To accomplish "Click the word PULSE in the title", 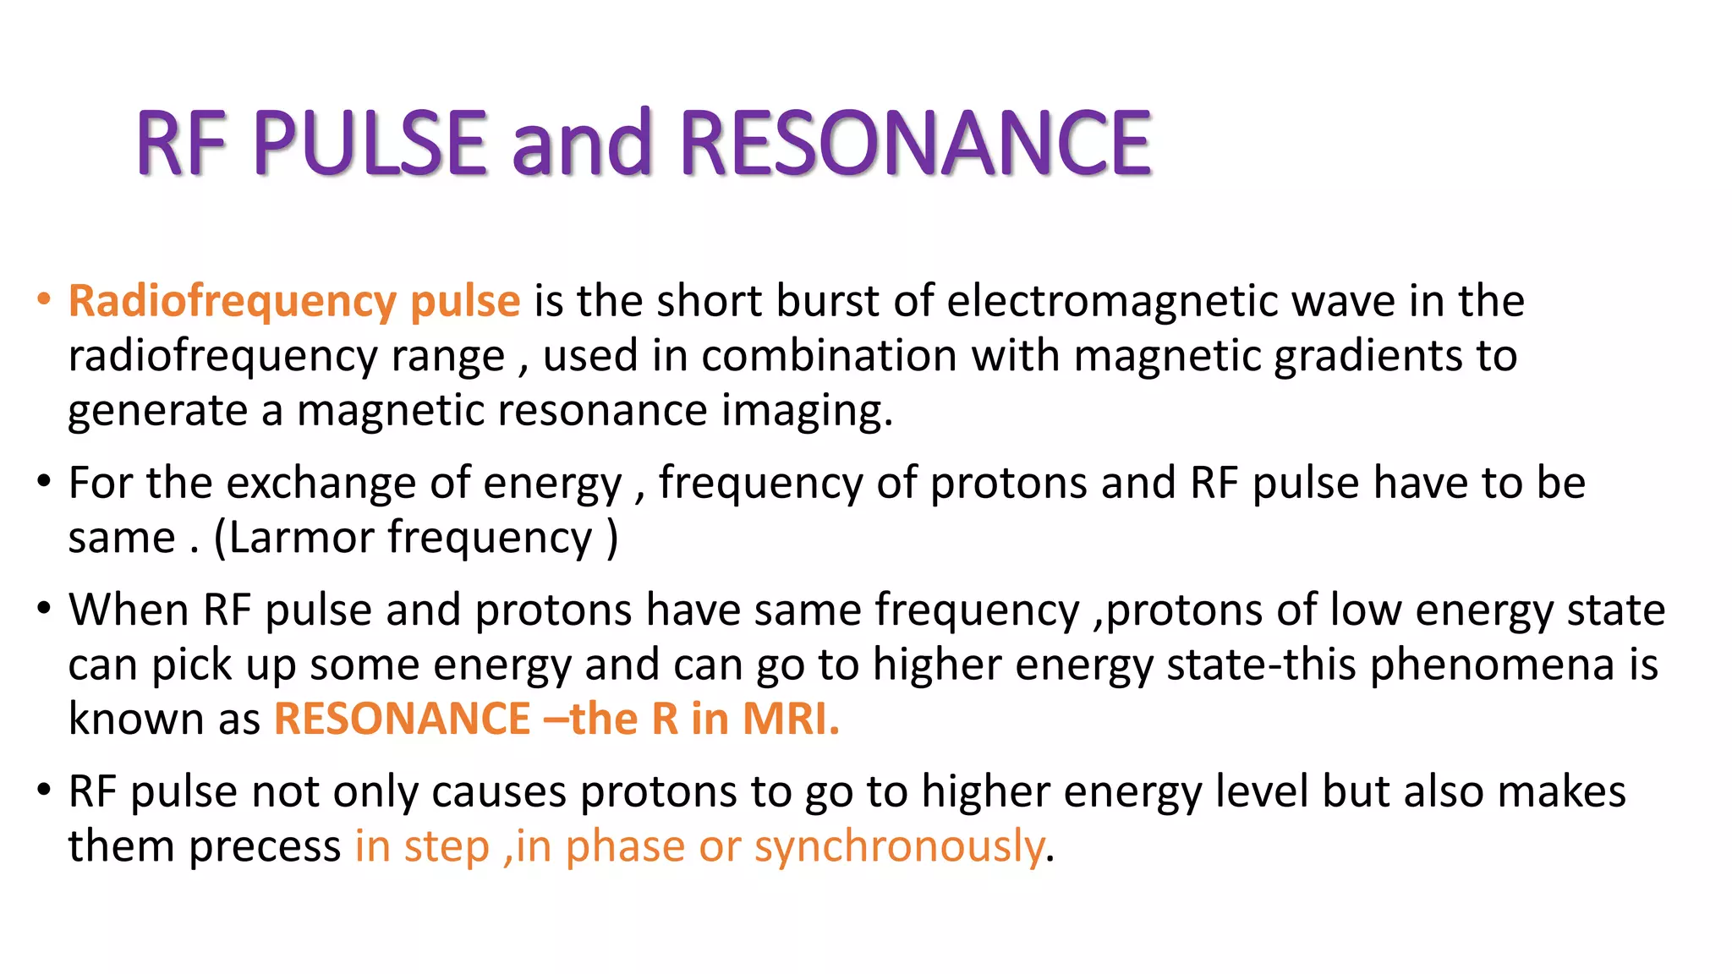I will (x=370, y=144).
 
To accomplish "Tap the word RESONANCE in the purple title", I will (x=915, y=144).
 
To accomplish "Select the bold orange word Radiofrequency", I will (x=233, y=301).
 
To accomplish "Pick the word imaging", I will (x=807, y=412).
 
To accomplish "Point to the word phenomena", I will (x=1493, y=665).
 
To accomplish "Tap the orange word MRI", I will (x=790, y=720).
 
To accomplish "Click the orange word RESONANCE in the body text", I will (x=402, y=720).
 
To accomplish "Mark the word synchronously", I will (x=899, y=847).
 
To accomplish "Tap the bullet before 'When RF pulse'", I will (x=44, y=609).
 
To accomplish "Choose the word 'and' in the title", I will (x=582, y=144).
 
